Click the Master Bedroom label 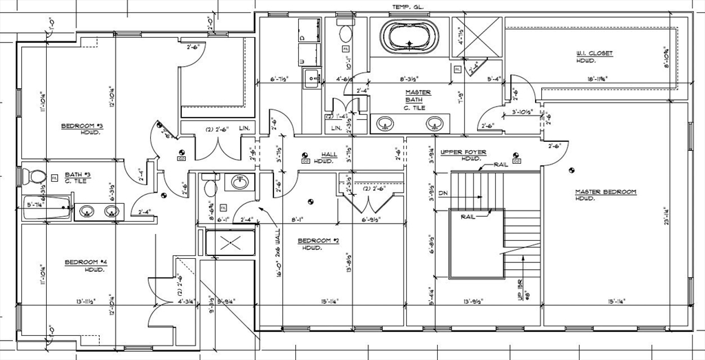[x=606, y=192]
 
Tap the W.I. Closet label [x=596, y=54]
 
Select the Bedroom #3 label [x=82, y=126]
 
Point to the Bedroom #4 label [x=85, y=262]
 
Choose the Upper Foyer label [x=463, y=152]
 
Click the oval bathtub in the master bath [x=409, y=36]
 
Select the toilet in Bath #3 [x=34, y=177]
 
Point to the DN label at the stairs [x=443, y=193]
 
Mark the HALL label [x=330, y=154]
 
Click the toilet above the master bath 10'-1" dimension [x=346, y=32]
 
